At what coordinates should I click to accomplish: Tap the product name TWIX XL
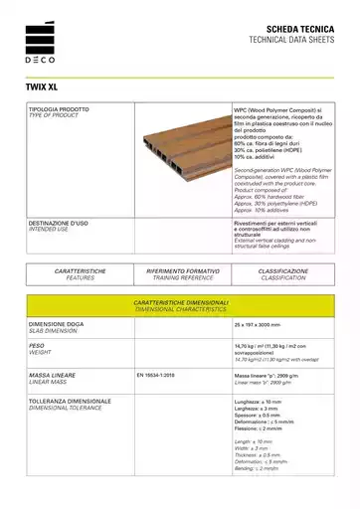pyautogui.click(x=45, y=85)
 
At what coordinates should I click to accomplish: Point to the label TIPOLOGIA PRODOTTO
pyautogui.click(x=60, y=106)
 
